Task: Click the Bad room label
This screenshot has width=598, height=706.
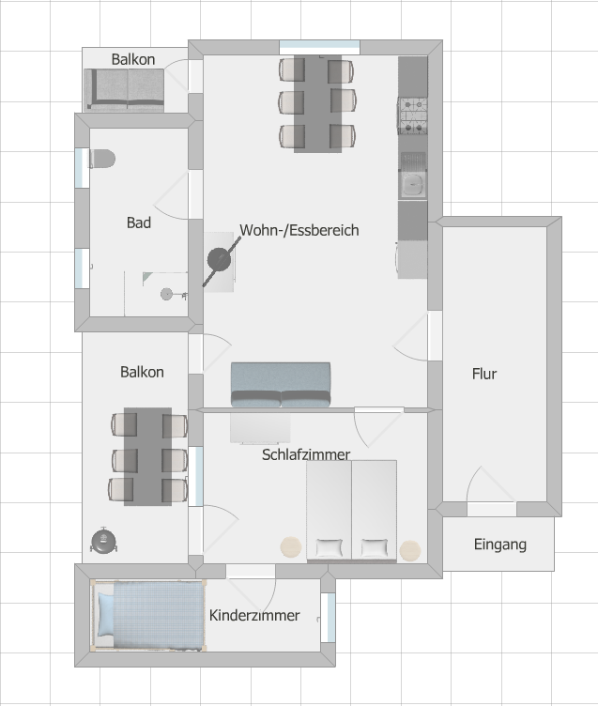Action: pos(139,223)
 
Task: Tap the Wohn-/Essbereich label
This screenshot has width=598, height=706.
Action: pos(299,230)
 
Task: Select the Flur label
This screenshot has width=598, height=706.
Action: pos(484,374)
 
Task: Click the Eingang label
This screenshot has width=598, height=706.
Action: pos(499,545)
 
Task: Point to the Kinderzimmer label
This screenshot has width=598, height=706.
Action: pos(254,615)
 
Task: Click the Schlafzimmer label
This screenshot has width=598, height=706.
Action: pos(306,454)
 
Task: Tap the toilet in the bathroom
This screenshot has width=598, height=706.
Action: pos(102,159)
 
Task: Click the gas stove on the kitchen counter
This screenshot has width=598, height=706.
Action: pos(412,115)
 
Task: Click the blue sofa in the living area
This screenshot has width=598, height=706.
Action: pos(281,385)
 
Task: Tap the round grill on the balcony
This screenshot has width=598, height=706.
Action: pos(104,541)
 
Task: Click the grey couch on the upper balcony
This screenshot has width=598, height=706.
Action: pos(124,89)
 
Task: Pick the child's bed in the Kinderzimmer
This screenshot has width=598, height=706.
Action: pos(149,616)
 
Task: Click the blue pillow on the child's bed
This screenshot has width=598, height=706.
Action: pos(106,615)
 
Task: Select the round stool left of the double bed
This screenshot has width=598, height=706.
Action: pos(291,547)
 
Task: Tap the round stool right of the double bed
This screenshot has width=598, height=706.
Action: pos(409,550)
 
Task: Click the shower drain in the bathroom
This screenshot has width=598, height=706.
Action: pos(166,295)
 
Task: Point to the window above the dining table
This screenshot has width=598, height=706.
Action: pos(320,47)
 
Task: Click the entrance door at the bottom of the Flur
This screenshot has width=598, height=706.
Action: pos(492,509)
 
